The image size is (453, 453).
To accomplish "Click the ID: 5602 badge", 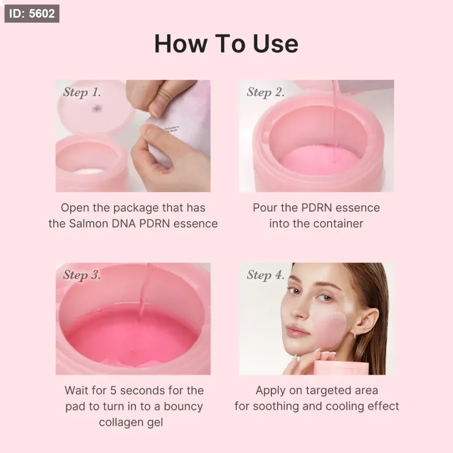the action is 32,14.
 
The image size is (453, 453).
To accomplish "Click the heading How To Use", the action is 226,44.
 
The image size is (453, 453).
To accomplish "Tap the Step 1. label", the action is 82,93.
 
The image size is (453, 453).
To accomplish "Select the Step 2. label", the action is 266,93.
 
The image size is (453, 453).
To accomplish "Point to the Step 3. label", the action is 82,275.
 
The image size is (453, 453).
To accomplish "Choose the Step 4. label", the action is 266,275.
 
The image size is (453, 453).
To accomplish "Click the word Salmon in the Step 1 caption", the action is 89,223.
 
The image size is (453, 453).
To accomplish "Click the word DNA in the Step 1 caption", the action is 124,223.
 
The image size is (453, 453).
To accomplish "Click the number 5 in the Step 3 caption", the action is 113,391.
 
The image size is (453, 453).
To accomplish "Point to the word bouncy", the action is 183,407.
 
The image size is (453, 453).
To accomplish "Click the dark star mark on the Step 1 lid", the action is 97,108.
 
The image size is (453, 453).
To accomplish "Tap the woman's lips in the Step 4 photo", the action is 297,331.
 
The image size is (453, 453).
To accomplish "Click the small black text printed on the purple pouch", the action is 172,129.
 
